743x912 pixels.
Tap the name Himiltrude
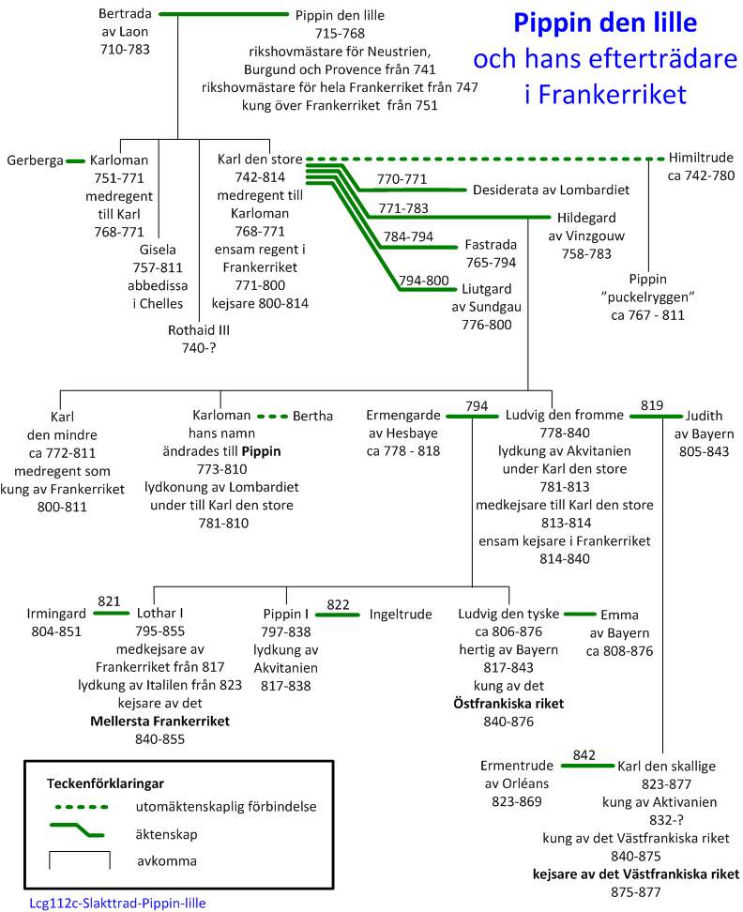coord(701,159)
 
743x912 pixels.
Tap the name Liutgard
coord(491,289)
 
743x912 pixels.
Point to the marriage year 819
coord(652,406)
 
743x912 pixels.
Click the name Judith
coord(705,416)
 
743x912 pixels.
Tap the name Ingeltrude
coord(400,615)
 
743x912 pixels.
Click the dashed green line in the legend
coord(80,805)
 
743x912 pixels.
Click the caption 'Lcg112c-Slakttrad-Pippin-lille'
coord(117,903)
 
